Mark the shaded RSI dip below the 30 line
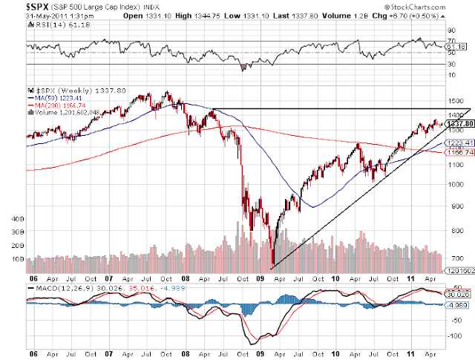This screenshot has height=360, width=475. click(x=243, y=67)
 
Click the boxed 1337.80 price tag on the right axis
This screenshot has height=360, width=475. click(x=455, y=123)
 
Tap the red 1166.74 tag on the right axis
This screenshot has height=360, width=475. click(x=455, y=152)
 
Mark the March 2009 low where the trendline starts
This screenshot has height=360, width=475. click(x=272, y=266)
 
